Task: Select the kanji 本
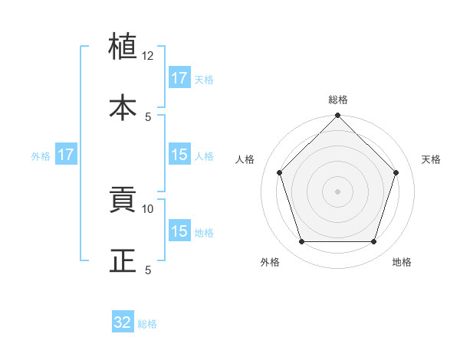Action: (123, 106)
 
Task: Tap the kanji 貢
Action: (123, 201)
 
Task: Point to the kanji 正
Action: (123, 260)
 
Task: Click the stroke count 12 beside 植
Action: (148, 56)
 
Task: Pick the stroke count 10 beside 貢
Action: (148, 208)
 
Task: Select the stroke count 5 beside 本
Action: (148, 116)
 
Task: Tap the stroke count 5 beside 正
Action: (148, 270)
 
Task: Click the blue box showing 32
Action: (123, 322)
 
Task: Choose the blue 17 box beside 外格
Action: (66, 155)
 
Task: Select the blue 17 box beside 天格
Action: (179, 78)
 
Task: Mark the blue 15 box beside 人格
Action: (179, 155)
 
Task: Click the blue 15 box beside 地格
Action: (179, 231)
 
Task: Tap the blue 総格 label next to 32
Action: (147, 324)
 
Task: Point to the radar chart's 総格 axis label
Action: (338, 100)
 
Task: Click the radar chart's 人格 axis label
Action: (245, 159)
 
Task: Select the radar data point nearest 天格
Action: (396, 172)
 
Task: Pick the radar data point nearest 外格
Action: (301, 242)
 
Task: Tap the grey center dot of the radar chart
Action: (338, 191)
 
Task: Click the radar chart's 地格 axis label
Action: (402, 263)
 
